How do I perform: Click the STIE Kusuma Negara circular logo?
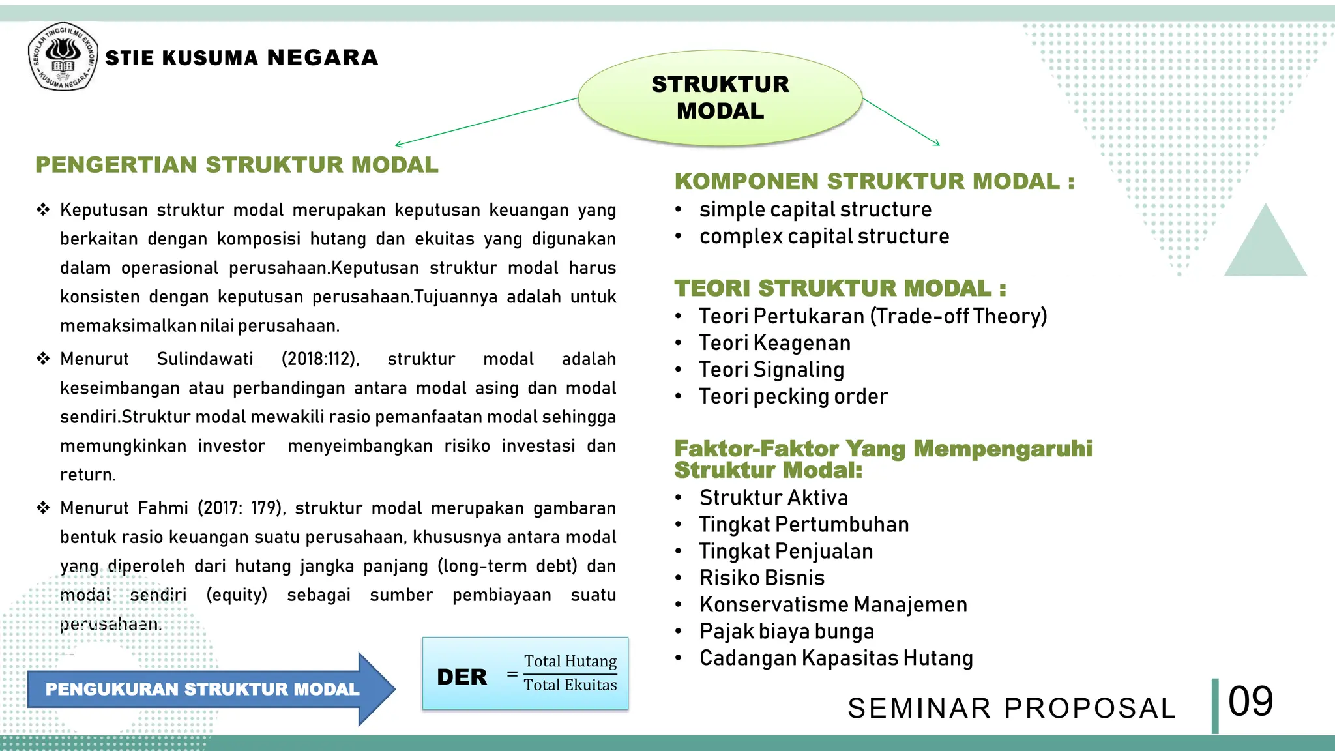(63, 57)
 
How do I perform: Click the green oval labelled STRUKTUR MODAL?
(720, 97)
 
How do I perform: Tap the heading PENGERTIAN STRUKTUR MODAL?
(237, 165)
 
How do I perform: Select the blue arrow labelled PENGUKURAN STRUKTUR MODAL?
(202, 689)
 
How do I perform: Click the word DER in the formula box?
(462, 677)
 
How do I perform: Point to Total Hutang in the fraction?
(570, 661)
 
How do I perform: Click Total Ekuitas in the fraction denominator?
(570, 685)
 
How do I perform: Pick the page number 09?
(1250, 702)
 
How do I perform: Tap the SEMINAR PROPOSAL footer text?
(1012, 709)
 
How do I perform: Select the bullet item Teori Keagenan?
(774, 343)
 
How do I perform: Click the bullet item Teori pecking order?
(793, 396)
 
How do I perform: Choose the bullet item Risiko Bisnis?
(762, 578)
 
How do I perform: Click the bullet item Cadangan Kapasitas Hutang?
(836, 658)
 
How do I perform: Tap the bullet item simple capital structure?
(815, 209)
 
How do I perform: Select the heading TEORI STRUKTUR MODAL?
(840, 288)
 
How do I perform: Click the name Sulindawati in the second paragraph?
(205, 359)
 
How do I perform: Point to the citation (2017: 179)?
(241, 508)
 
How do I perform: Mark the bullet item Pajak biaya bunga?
(787, 631)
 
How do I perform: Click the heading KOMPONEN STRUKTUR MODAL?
(874, 181)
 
